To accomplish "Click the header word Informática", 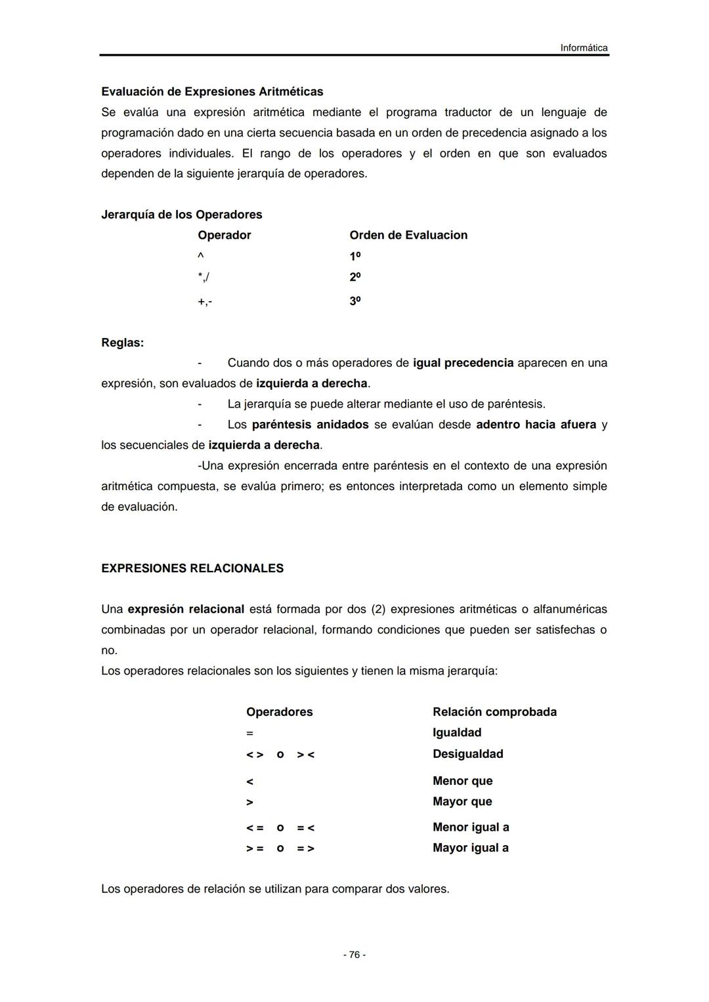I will click(584, 48).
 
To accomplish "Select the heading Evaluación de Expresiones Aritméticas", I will click(212, 91).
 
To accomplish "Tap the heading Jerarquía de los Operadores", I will click(181, 215).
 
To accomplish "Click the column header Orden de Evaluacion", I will click(408, 235).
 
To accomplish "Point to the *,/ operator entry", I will click(204, 277).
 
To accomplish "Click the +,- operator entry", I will click(205, 301).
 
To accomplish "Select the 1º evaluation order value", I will click(355, 256).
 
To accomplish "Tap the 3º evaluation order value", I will click(355, 301).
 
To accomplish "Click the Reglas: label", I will click(122, 343).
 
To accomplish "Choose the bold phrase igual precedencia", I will click(463, 363).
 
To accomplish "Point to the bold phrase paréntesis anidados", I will click(310, 425).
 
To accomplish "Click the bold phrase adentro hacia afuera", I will click(536, 425).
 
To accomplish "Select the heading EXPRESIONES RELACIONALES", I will click(192, 568).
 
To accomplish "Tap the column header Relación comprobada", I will click(494, 712).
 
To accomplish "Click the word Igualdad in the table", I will click(457, 732).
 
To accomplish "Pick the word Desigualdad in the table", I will click(467, 754).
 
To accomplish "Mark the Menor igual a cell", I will click(471, 827).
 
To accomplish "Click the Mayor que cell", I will click(462, 801).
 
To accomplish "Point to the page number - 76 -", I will click(354, 955).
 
